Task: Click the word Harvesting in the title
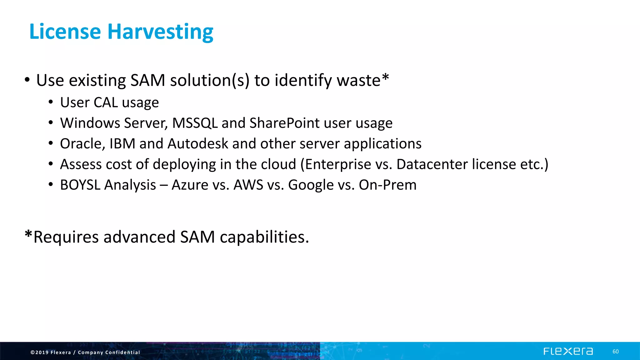(160, 32)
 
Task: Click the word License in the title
(65, 32)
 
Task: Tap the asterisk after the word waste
(385, 77)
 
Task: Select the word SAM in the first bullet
(147, 80)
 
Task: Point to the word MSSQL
(195, 123)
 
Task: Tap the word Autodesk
(198, 144)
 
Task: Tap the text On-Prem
(387, 185)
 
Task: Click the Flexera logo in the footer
(568, 351)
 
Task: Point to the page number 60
(615, 352)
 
